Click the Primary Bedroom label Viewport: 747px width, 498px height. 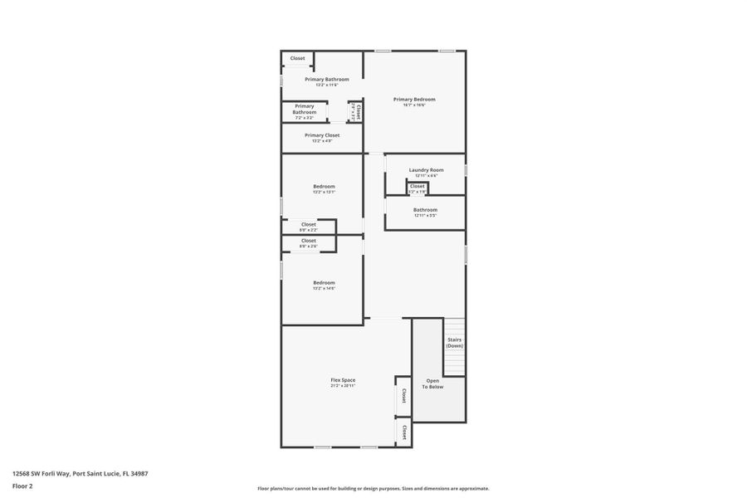click(x=414, y=100)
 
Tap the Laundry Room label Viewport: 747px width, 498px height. click(x=426, y=170)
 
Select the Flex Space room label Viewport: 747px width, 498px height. click(x=343, y=380)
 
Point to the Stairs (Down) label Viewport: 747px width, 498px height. click(x=454, y=342)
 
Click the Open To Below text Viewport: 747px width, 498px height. click(x=433, y=383)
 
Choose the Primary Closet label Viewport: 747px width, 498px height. click(x=322, y=135)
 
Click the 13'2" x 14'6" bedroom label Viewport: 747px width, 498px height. click(x=324, y=283)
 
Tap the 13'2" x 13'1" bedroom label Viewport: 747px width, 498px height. click(x=324, y=187)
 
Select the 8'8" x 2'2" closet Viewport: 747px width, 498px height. click(x=308, y=226)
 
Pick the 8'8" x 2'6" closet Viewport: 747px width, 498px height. click(x=308, y=242)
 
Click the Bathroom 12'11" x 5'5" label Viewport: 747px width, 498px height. click(x=425, y=211)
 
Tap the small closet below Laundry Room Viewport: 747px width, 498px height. click(x=417, y=188)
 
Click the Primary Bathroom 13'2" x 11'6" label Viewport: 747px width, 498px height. click(x=326, y=80)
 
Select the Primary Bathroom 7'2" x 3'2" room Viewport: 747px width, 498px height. click(x=305, y=110)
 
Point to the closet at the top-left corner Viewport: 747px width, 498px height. click(x=297, y=58)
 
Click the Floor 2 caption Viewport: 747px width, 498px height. click(x=22, y=486)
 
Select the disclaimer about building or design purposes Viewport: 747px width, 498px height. click(x=373, y=489)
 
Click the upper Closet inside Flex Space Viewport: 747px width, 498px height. click(x=403, y=395)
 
